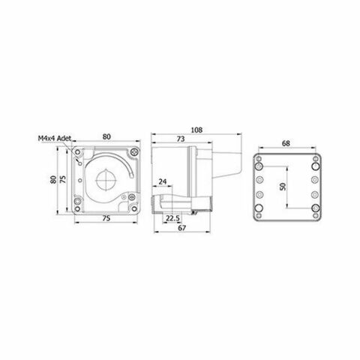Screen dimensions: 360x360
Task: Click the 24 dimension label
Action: pyautogui.click(x=163, y=181)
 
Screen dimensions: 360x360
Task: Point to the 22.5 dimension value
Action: pyautogui.click(x=171, y=218)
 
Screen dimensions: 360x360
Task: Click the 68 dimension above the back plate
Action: pyautogui.click(x=287, y=144)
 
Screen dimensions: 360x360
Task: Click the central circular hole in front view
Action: pyautogui.click(x=106, y=181)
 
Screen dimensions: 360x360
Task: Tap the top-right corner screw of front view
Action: pyautogui.click(x=133, y=153)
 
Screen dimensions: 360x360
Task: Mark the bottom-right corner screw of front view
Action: pyautogui.click(x=133, y=208)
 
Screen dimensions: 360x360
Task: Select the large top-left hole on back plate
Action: pyautogui.click(x=259, y=164)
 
